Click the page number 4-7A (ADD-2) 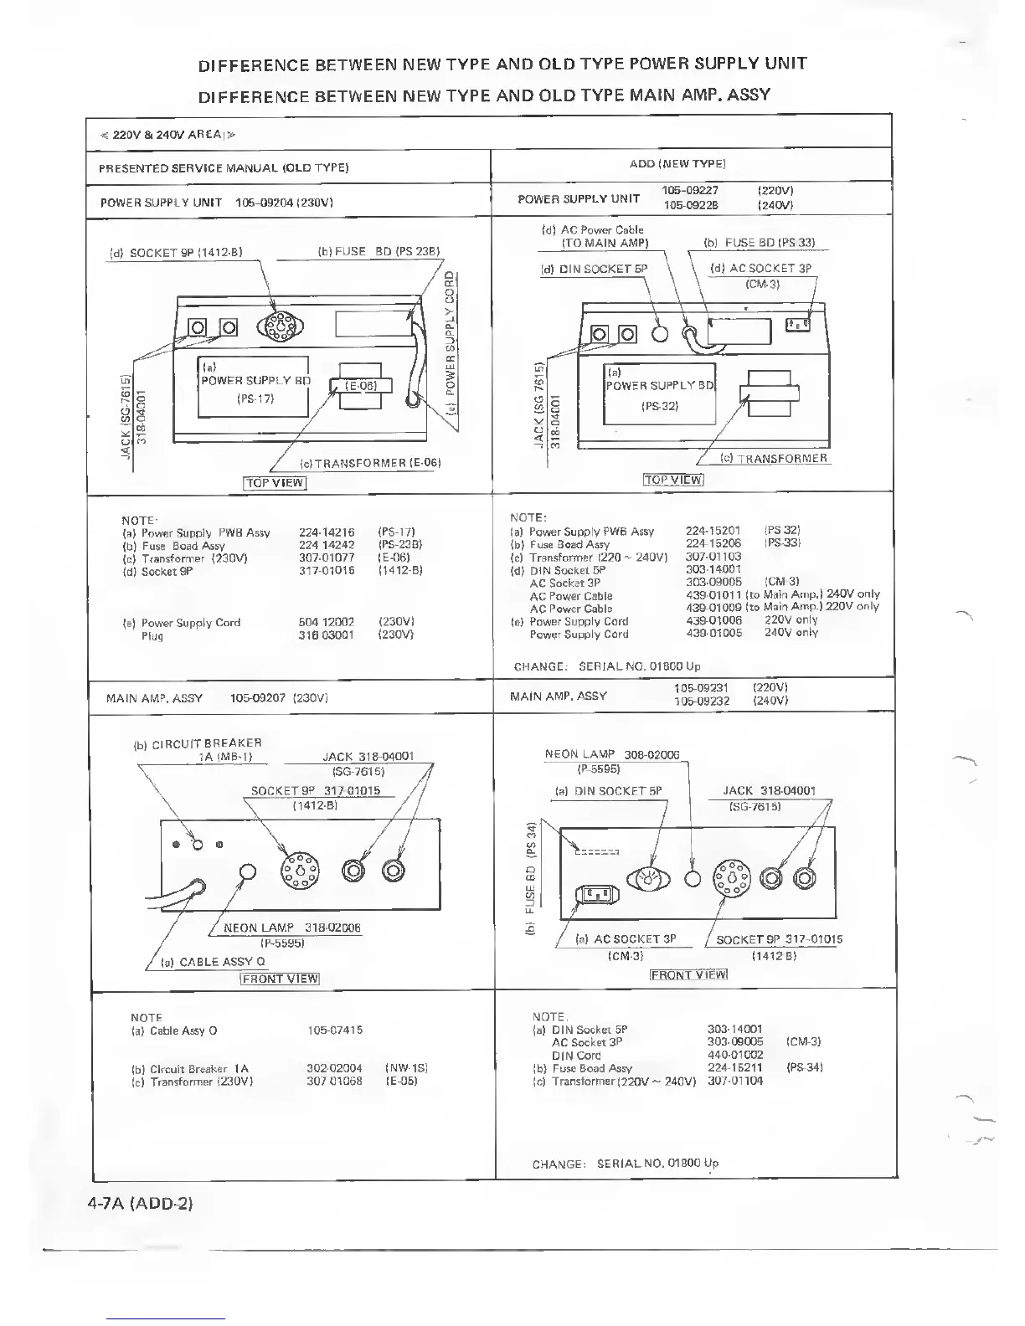click(x=140, y=1204)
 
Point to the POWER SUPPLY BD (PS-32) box click(x=660, y=395)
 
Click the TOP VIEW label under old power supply click(x=275, y=483)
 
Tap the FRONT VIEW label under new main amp click(x=688, y=974)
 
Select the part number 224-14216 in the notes click(x=327, y=532)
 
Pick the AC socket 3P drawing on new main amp click(x=596, y=895)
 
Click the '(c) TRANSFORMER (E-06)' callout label click(x=370, y=463)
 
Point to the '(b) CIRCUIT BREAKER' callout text click(x=198, y=743)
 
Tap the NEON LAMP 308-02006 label click(x=612, y=754)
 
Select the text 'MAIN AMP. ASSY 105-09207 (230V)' click(x=216, y=698)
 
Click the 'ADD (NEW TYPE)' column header click(x=677, y=164)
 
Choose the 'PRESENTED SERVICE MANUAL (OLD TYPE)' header click(x=224, y=168)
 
